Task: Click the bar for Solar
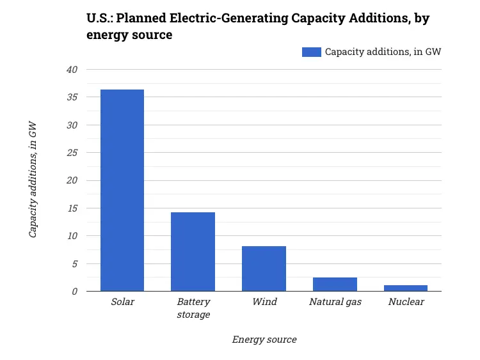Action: point(122,190)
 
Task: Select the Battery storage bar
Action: point(193,251)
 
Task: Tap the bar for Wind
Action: point(264,269)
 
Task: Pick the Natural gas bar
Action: point(335,284)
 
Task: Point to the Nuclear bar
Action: point(406,288)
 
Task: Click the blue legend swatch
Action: point(311,52)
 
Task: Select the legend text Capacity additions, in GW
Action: point(383,52)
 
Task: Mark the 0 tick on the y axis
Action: point(74,292)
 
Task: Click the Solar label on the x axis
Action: point(122,302)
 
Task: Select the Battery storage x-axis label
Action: point(193,308)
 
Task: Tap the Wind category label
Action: point(264,302)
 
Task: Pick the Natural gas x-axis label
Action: point(335,302)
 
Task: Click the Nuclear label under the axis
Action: point(406,302)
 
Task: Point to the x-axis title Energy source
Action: point(264,340)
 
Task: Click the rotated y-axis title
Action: point(33,180)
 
